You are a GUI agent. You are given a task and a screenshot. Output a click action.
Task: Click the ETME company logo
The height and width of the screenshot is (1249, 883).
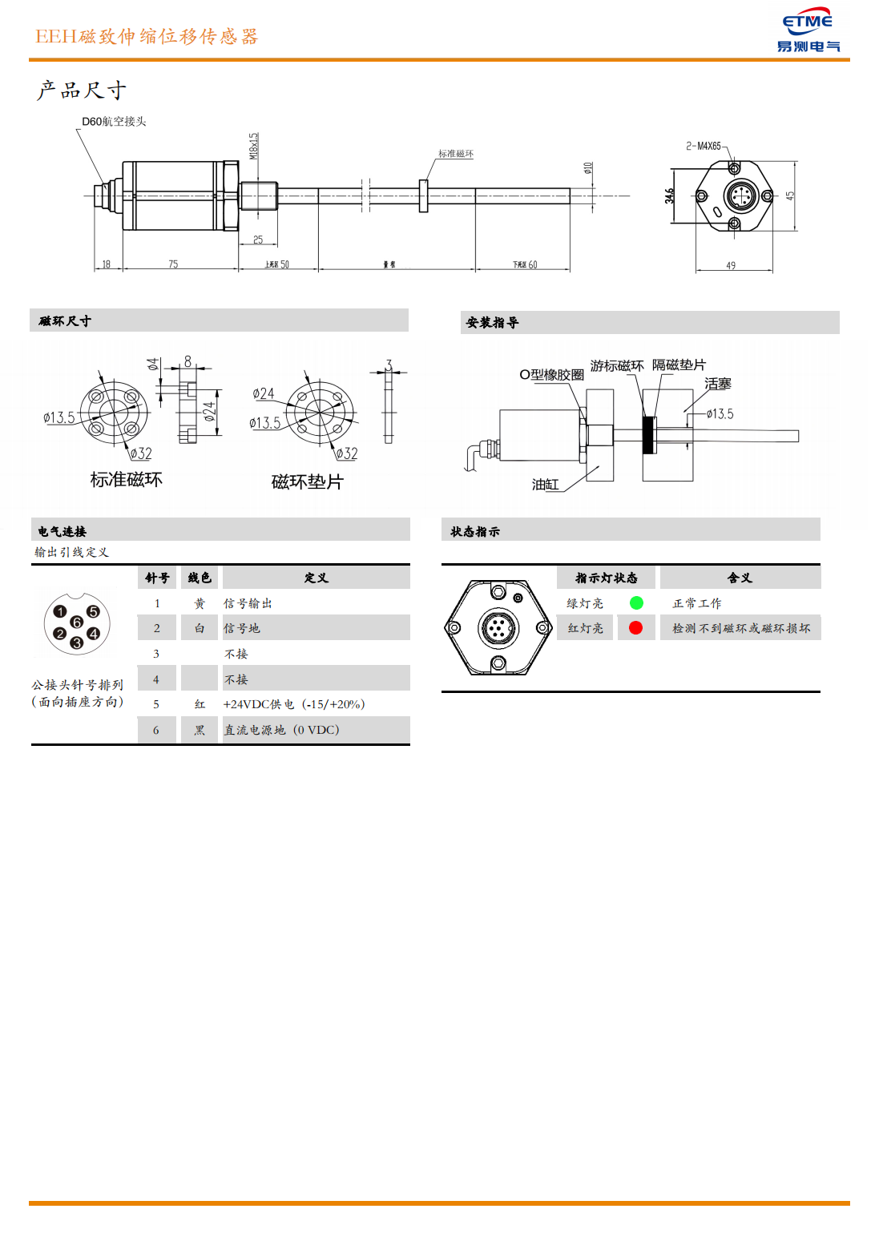(x=808, y=32)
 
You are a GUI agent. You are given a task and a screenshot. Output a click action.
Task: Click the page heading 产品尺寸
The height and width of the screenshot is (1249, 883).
(x=81, y=91)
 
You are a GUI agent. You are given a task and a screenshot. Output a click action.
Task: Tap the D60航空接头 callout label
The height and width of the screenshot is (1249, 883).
(x=114, y=122)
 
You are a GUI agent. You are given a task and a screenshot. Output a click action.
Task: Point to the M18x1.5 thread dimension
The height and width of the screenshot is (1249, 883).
(x=253, y=146)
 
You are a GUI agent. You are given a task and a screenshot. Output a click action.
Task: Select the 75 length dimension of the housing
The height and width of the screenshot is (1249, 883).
(x=173, y=264)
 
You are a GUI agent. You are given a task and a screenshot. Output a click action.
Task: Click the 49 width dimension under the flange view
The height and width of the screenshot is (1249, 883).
(x=731, y=266)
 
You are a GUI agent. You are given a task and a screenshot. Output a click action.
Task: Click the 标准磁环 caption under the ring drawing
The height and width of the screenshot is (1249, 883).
(x=126, y=480)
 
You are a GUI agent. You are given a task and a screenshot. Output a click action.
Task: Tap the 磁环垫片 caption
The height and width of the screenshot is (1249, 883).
(x=307, y=482)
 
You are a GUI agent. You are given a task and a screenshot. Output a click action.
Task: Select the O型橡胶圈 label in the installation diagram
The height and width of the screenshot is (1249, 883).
(x=551, y=375)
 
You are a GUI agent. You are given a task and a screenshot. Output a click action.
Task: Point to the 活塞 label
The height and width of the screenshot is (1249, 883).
(x=717, y=385)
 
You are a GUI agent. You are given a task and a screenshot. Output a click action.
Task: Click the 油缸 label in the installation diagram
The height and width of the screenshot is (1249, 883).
(x=545, y=485)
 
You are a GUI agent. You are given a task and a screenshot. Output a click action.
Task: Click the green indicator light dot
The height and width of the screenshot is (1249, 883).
(x=636, y=603)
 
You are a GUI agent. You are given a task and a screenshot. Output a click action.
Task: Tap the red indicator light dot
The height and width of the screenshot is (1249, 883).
(x=636, y=628)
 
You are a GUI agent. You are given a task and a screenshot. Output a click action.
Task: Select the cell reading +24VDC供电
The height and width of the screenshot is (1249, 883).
(x=293, y=705)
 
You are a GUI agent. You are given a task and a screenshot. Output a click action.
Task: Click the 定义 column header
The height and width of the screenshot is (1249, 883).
(x=316, y=578)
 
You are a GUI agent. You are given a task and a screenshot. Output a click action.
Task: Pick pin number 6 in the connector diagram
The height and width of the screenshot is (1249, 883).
(x=77, y=622)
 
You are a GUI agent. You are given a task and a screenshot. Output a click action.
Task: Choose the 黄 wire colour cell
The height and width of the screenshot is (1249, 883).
(x=200, y=604)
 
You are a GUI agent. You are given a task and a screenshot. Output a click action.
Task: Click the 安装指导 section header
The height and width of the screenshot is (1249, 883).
(x=492, y=323)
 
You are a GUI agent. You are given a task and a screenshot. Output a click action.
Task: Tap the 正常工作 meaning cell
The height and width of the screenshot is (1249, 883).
(x=696, y=604)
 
